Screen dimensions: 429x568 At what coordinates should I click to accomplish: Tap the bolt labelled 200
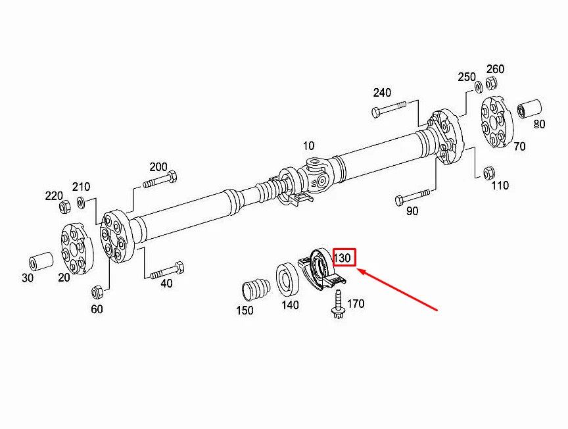[159, 180]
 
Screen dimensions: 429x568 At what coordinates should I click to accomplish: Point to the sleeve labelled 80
[529, 109]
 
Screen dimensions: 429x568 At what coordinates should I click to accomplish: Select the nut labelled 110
[488, 173]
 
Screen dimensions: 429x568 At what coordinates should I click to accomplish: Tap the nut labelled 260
[491, 84]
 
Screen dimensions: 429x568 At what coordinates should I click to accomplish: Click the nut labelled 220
[66, 208]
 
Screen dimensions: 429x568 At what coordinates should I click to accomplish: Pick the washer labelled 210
[80, 202]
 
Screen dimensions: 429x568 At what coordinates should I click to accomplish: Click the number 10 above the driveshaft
[308, 145]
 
